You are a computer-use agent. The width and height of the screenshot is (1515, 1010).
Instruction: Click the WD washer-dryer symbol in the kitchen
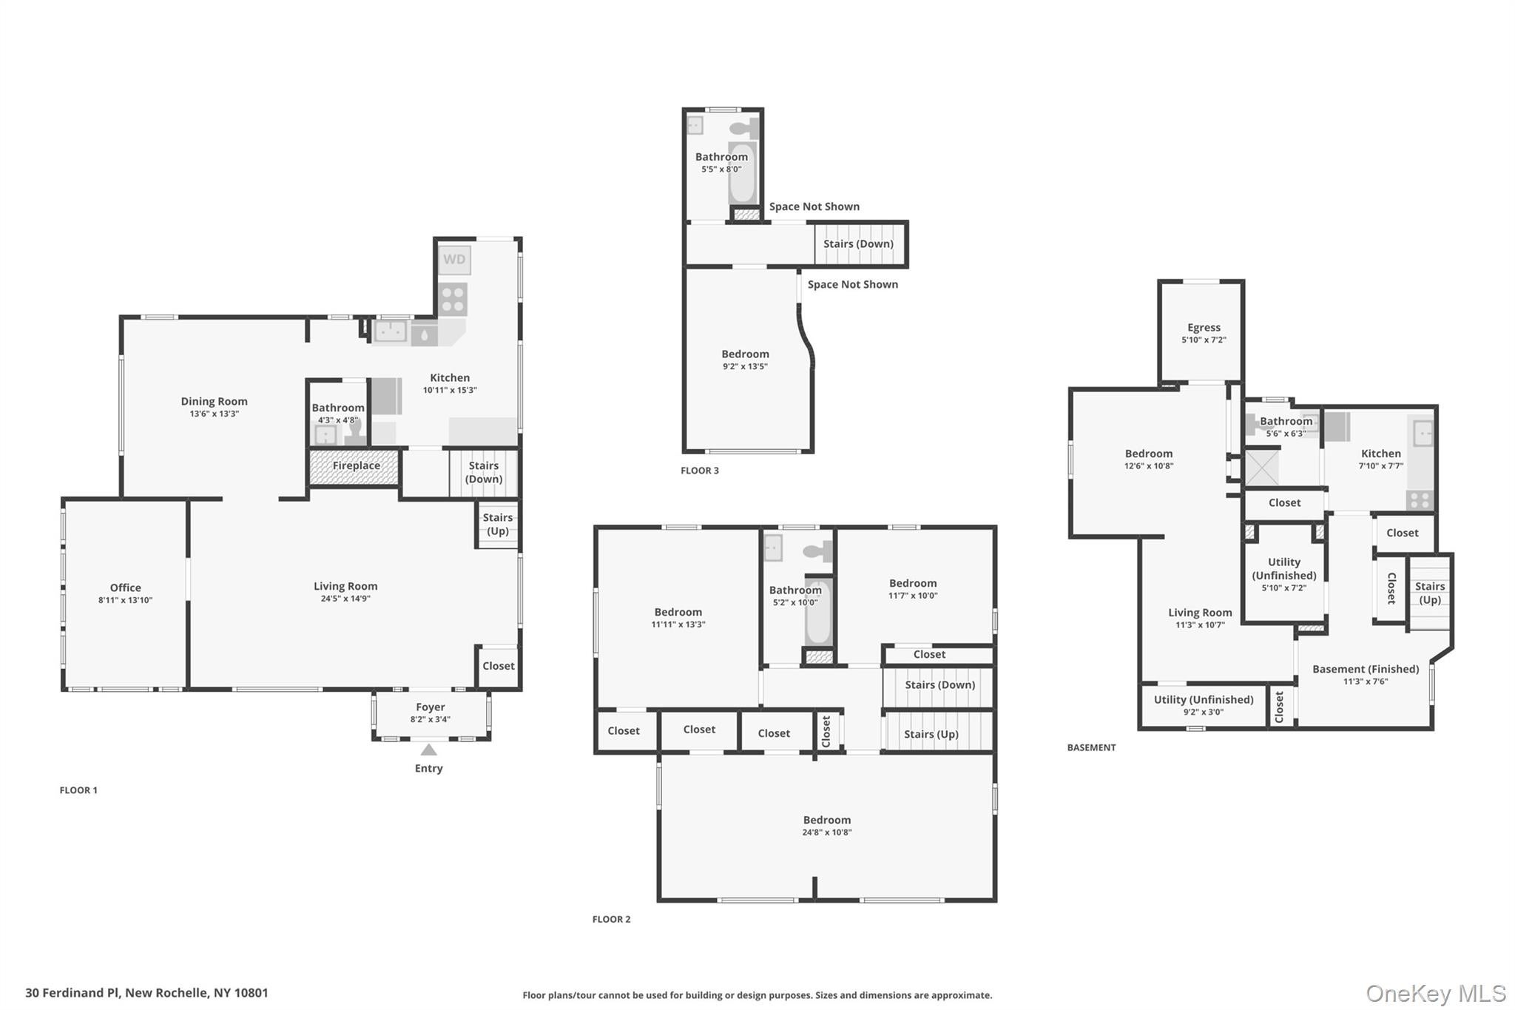(x=454, y=260)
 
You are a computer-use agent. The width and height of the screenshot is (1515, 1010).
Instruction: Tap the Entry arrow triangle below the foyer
(x=429, y=750)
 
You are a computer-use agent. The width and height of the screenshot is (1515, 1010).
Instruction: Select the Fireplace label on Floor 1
(x=356, y=466)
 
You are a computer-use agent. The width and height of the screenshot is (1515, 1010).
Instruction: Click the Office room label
(x=125, y=588)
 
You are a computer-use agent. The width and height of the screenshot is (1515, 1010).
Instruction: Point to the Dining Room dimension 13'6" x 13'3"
(x=214, y=414)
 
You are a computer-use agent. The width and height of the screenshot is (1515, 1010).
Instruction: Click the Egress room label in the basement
(x=1204, y=328)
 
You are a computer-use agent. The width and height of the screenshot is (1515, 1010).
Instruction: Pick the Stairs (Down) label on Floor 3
(x=858, y=244)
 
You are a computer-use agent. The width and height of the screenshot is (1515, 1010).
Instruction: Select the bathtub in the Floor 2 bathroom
(x=818, y=613)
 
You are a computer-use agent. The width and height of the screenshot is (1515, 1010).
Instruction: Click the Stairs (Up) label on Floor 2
(x=931, y=734)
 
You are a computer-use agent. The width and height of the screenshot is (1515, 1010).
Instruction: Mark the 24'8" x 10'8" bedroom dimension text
(x=827, y=832)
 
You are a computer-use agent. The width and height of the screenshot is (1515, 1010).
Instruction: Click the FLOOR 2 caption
(x=611, y=920)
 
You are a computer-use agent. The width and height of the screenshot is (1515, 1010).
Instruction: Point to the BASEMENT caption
(x=1091, y=748)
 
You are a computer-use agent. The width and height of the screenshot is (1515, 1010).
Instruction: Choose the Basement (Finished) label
(x=1366, y=670)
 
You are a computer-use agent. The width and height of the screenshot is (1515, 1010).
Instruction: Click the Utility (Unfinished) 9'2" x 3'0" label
(x=1204, y=700)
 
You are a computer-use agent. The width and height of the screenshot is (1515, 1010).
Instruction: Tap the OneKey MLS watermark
(x=1435, y=993)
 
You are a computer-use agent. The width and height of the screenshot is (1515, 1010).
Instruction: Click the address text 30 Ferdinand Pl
(x=146, y=993)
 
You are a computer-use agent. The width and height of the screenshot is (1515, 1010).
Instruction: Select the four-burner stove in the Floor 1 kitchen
(x=453, y=300)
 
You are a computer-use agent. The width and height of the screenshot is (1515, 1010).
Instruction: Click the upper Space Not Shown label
(x=814, y=207)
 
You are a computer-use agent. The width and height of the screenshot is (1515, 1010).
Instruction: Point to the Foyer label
(x=430, y=707)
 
